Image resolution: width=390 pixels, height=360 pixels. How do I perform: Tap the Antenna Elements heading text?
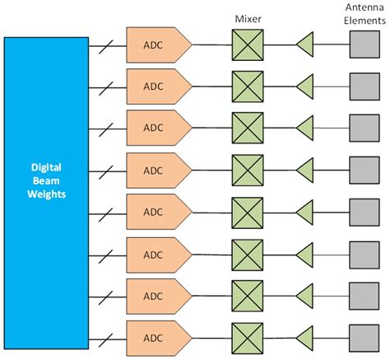tap(363, 14)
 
